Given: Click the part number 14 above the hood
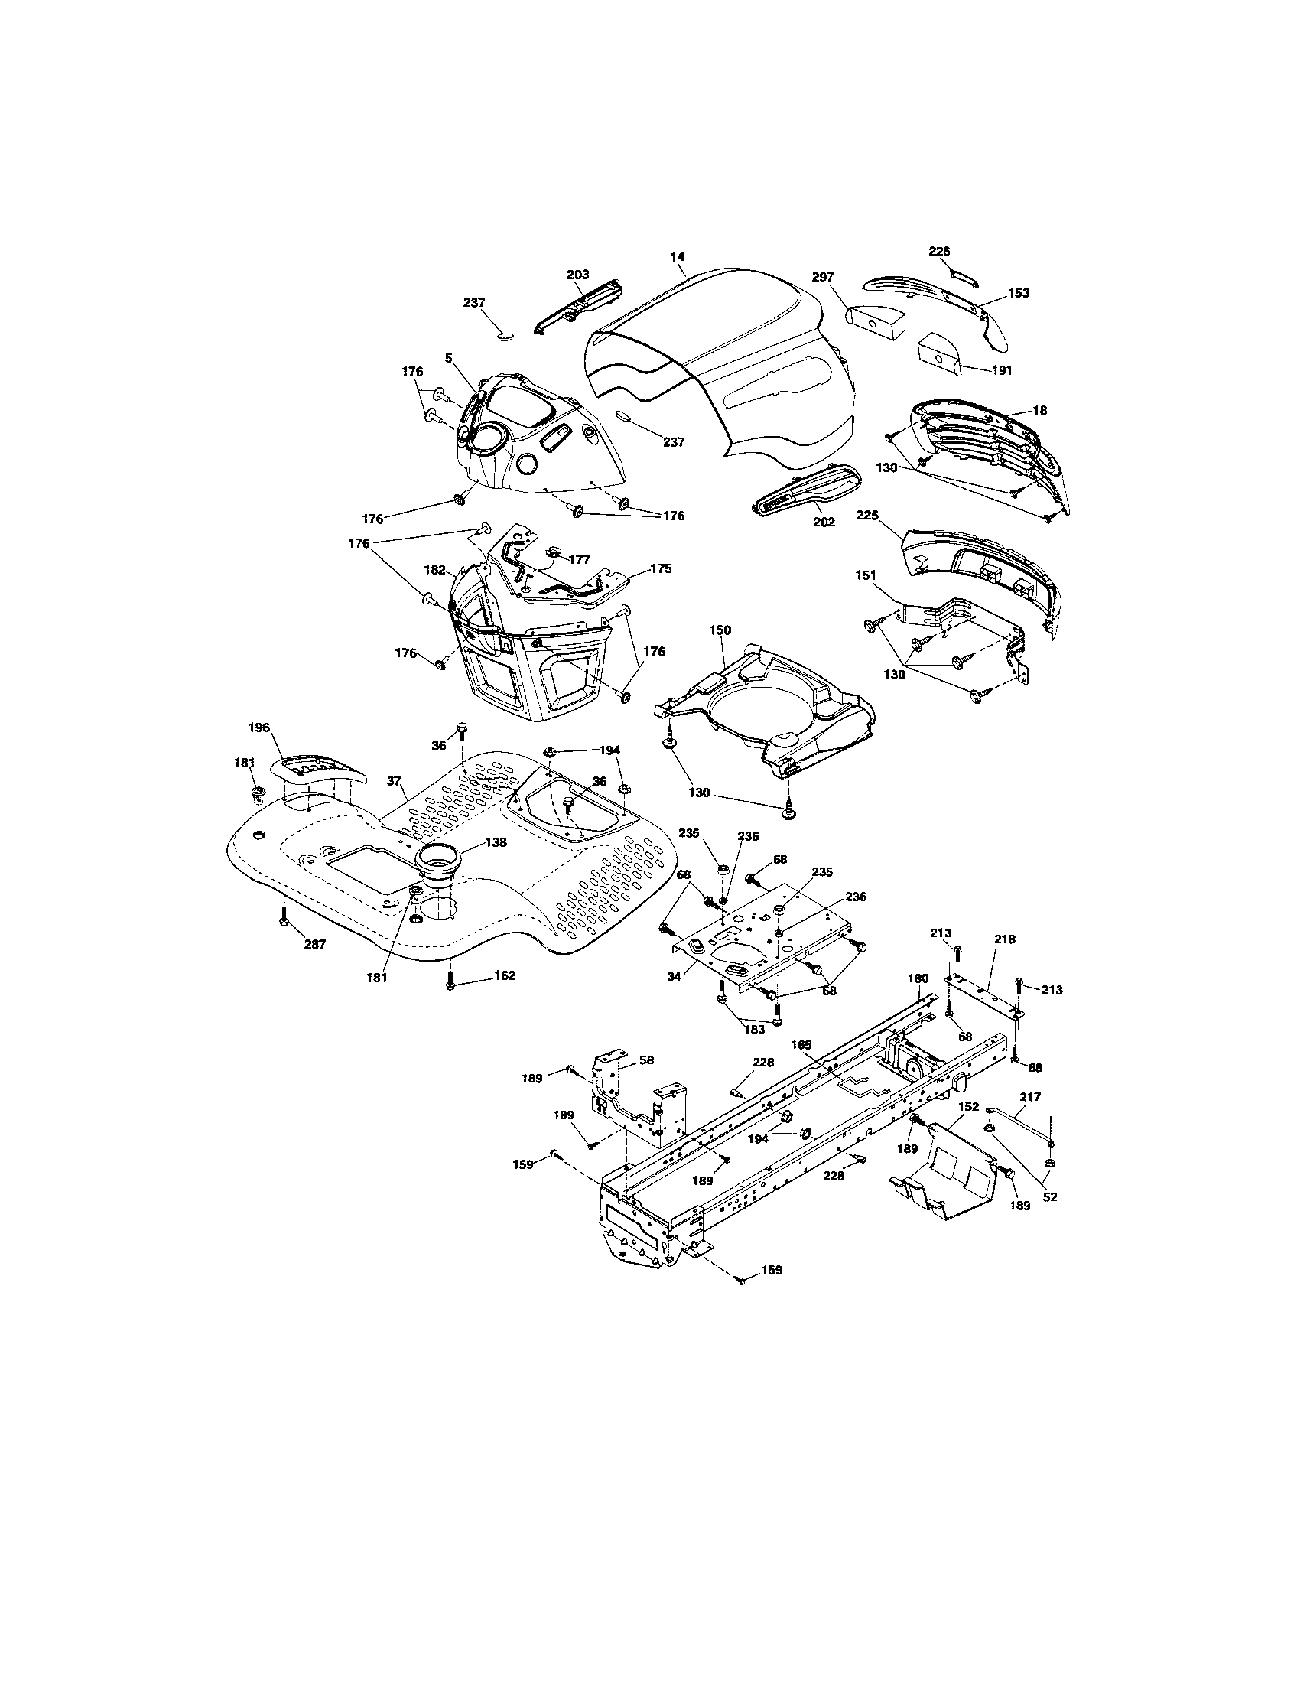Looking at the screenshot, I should (x=678, y=256).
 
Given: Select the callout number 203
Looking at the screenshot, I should (x=577, y=275).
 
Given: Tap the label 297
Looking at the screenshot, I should (x=824, y=278).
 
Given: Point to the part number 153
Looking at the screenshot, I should (x=1018, y=293).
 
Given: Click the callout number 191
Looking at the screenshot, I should (x=1002, y=370).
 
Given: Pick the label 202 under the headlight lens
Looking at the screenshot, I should (x=824, y=522).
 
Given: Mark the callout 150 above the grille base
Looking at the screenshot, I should (x=720, y=630).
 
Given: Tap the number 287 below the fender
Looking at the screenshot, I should (x=314, y=944).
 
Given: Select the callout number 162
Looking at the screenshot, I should (x=505, y=975).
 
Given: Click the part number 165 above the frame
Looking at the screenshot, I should (x=801, y=1045).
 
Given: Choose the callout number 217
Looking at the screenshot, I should (x=1031, y=1096).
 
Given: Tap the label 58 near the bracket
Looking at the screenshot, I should (x=647, y=1060).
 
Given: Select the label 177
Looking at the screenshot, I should (x=579, y=559).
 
